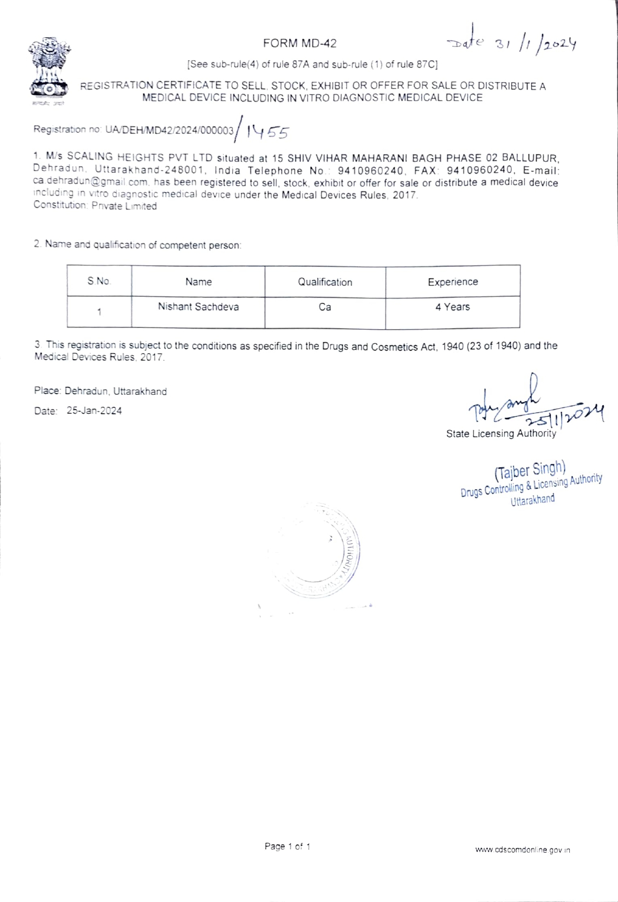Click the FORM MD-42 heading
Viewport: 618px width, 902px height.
(x=300, y=43)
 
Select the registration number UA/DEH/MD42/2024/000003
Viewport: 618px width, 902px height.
(x=170, y=130)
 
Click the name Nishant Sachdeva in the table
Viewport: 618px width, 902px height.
(x=198, y=307)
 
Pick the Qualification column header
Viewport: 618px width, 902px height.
(x=325, y=282)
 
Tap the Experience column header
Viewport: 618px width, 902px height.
(x=452, y=282)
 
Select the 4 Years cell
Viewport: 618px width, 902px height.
(x=452, y=307)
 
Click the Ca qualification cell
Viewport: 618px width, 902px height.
(x=325, y=307)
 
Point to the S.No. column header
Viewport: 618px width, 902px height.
(x=99, y=282)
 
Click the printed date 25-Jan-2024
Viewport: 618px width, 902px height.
(x=94, y=411)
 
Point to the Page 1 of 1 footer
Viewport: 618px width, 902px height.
(x=287, y=846)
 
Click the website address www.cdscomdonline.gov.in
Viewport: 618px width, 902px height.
(x=522, y=850)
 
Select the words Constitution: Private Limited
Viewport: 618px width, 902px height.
(x=95, y=206)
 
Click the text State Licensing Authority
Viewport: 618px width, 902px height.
(x=500, y=434)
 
